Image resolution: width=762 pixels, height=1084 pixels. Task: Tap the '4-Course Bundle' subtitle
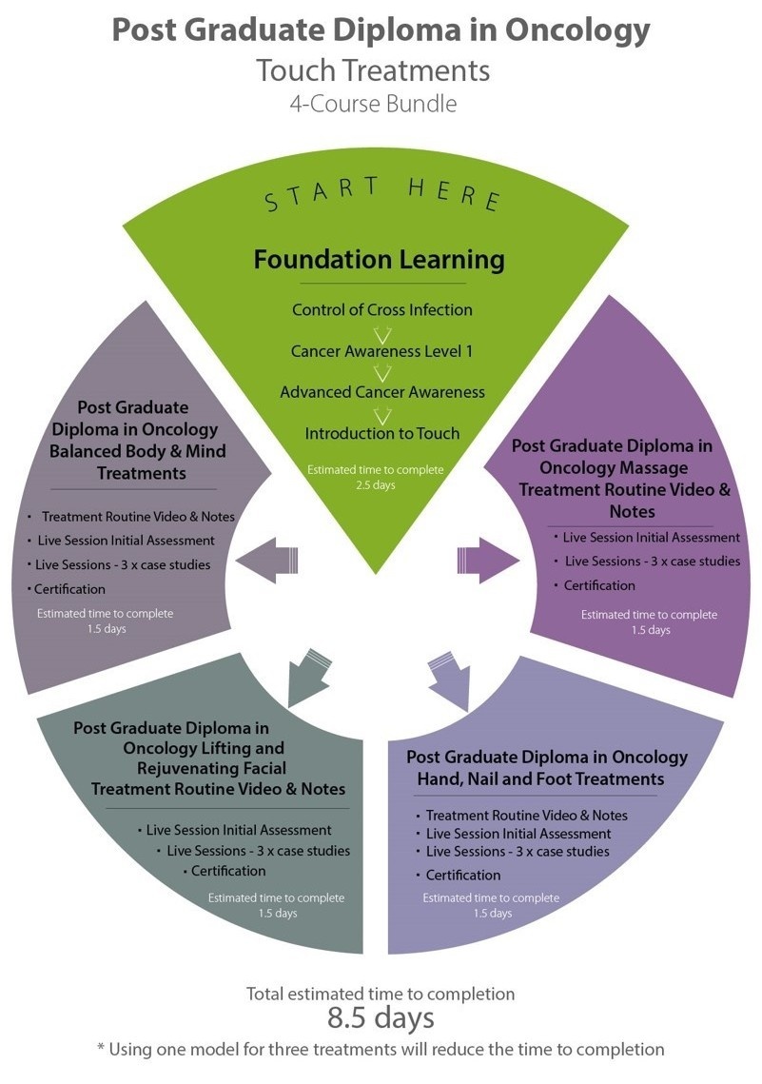pyautogui.click(x=373, y=103)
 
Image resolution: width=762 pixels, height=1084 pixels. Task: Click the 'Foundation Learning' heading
pyautogui.click(x=379, y=259)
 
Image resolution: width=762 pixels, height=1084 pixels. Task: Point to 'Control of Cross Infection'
pyautogui.click(x=382, y=309)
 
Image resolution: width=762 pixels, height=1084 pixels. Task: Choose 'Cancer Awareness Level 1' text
pyautogui.click(x=381, y=351)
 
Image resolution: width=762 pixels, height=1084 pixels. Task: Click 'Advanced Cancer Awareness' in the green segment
pyautogui.click(x=382, y=392)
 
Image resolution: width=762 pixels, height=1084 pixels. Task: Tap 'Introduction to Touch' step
pyautogui.click(x=382, y=433)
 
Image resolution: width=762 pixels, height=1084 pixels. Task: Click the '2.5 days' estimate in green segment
pyautogui.click(x=374, y=485)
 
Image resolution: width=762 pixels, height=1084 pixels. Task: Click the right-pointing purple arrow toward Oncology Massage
pyautogui.click(x=495, y=562)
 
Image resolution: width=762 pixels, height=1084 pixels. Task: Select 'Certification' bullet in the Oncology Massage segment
pyautogui.click(x=599, y=585)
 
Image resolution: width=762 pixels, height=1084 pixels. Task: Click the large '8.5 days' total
pyautogui.click(x=381, y=1017)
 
